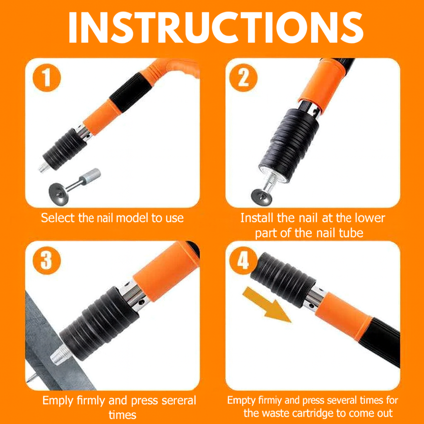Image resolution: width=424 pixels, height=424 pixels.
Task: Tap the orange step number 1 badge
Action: click(x=46, y=77)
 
